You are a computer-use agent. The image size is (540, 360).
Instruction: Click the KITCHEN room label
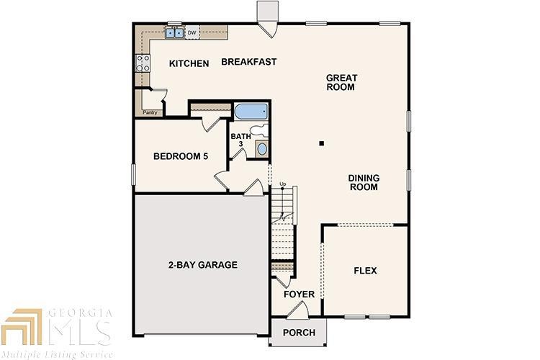(189, 64)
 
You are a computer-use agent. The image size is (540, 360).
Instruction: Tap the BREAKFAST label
(249, 62)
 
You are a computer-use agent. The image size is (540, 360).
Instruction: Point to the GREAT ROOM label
(341, 82)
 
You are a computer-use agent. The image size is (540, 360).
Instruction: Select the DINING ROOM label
(364, 182)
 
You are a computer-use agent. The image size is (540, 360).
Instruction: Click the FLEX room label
(365, 271)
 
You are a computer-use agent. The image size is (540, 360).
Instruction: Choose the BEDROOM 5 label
(181, 156)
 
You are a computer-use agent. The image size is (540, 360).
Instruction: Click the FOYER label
(298, 294)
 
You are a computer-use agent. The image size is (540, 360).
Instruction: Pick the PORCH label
(298, 333)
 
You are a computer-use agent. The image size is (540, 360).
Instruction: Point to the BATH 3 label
(241, 140)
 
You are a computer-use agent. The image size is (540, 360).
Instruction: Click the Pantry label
(150, 112)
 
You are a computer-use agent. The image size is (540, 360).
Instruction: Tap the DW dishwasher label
(192, 32)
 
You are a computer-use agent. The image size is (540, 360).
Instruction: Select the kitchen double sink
(174, 32)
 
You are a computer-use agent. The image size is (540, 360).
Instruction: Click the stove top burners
(142, 63)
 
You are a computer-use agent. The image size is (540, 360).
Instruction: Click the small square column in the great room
(323, 143)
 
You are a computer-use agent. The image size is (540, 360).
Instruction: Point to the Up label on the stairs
(283, 184)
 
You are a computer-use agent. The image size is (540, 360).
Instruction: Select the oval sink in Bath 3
(261, 149)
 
